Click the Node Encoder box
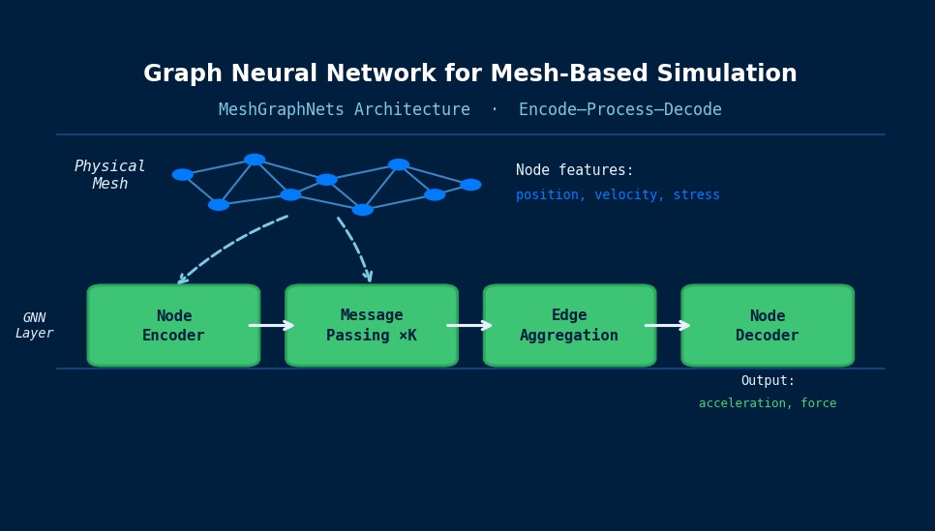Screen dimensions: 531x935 (173, 326)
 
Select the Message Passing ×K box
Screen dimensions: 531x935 (372, 326)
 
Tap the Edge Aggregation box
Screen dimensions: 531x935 (569, 326)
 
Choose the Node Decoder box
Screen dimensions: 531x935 (768, 326)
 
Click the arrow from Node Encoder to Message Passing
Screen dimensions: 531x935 (272, 326)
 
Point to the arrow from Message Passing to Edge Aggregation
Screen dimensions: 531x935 (470, 326)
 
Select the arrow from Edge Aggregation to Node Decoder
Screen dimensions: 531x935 (668, 326)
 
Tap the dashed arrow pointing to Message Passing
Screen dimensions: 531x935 (357, 248)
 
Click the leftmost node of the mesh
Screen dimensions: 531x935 (183, 175)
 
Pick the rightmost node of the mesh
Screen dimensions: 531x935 (470, 185)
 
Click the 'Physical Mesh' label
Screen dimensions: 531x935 (110, 175)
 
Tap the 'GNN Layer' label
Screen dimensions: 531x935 (35, 326)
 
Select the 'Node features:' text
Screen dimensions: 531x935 (575, 170)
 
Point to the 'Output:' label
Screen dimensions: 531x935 (768, 381)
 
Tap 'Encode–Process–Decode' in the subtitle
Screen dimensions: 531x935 (620, 110)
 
